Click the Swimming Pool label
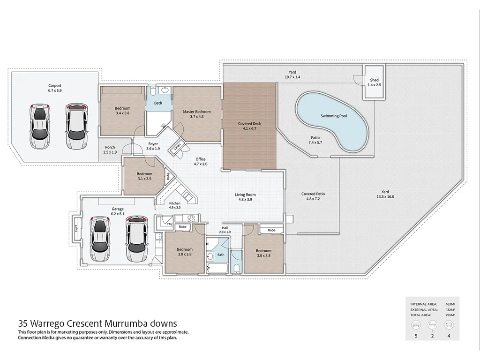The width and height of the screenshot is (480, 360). [334, 116]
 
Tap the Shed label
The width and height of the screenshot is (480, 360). [374, 80]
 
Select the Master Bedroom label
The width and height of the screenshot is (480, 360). [197, 112]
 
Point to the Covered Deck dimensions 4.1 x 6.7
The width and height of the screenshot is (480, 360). [249, 129]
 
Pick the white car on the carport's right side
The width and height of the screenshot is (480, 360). [76, 126]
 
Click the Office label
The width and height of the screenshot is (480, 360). [201, 159]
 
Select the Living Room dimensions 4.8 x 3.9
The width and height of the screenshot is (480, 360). [246, 200]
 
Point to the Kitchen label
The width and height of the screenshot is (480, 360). [174, 203]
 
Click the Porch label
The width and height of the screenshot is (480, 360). [110, 147]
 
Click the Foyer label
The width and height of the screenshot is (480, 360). [153, 144]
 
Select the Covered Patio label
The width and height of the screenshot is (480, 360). [313, 194]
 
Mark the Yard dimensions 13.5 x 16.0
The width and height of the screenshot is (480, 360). [385, 197]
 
